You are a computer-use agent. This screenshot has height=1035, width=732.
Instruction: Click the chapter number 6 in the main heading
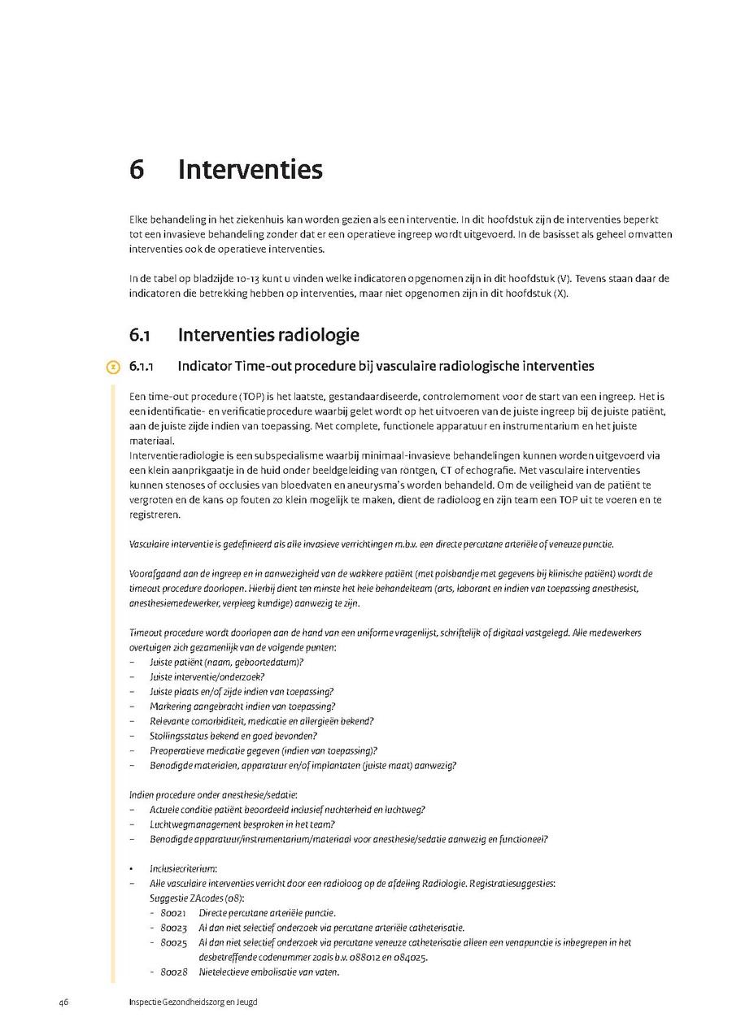pos(137,170)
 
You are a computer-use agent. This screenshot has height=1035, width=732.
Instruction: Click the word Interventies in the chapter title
pos(250,170)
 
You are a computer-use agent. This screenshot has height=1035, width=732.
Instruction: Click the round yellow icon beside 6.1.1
pos(113,367)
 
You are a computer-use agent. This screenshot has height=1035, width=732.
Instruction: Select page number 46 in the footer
pos(63,1002)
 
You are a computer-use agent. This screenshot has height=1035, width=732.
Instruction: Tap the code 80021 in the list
pos(173,913)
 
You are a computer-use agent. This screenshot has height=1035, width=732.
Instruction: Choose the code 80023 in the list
pos(173,928)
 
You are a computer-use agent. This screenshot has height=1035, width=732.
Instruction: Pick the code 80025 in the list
pos(173,942)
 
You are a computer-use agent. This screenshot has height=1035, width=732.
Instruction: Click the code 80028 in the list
pos(173,972)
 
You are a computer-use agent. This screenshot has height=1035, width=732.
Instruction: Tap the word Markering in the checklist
pos(169,707)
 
